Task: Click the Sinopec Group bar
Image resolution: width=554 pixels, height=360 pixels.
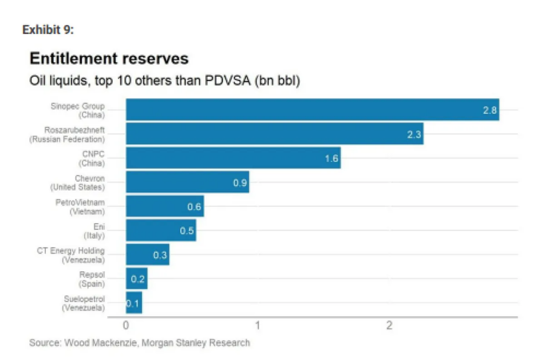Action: [x=312, y=109]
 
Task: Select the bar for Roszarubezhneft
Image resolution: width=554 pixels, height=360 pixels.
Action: [x=274, y=134]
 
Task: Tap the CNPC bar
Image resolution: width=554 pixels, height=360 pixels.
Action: [x=233, y=158]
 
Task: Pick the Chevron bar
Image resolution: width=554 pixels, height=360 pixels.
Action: [x=187, y=182]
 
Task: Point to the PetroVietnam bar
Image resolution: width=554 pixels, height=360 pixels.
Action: [x=164, y=206]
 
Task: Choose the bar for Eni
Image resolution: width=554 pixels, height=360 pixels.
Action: [x=161, y=230]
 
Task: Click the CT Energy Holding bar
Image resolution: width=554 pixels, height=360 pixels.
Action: [x=147, y=254]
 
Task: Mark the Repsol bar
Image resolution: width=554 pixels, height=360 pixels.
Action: [x=136, y=279]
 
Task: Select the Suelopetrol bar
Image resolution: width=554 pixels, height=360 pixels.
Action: [x=134, y=303]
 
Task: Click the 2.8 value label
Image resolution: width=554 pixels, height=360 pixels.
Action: [x=490, y=110]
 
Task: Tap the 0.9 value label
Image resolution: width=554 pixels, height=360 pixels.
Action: [x=240, y=183]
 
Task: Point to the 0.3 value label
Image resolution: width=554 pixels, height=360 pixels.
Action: [x=160, y=256]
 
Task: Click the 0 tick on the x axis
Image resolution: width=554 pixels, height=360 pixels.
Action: [x=126, y=326]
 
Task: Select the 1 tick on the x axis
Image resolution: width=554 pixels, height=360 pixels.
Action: [x=258, y=326]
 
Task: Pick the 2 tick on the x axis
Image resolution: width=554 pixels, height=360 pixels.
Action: [x=389, y=326]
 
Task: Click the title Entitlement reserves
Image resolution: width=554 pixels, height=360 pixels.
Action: [x=109, y=58]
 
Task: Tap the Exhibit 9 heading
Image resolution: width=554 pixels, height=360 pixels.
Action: [x=48, y=30]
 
